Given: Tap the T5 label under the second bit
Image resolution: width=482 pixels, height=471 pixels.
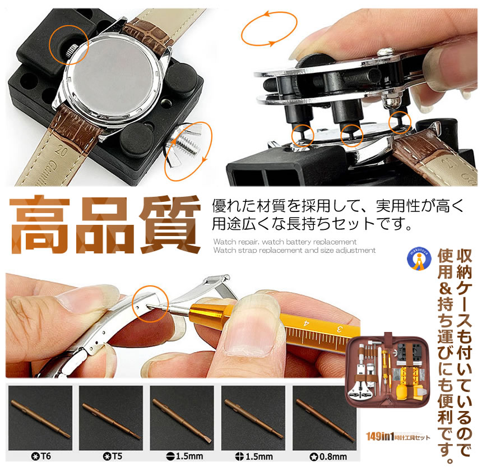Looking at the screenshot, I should tap(110, 456).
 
